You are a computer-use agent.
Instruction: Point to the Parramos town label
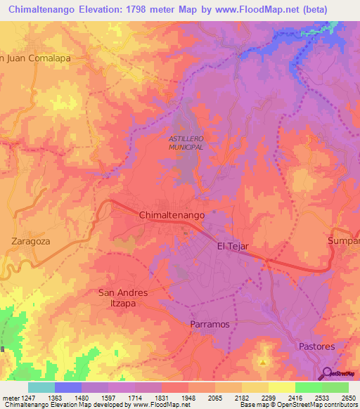pyautogui.click(x=210, y=324)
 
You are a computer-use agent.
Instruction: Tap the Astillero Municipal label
pyautogui.click(x=186, y=143)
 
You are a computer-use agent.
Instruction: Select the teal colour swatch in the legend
pyautogui.click(x=41, y=387)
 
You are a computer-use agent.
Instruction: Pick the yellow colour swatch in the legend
pyautogui.click(x=281, y=387)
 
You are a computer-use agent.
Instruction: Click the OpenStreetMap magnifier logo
pyautogui.click(x=328, y=373)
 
